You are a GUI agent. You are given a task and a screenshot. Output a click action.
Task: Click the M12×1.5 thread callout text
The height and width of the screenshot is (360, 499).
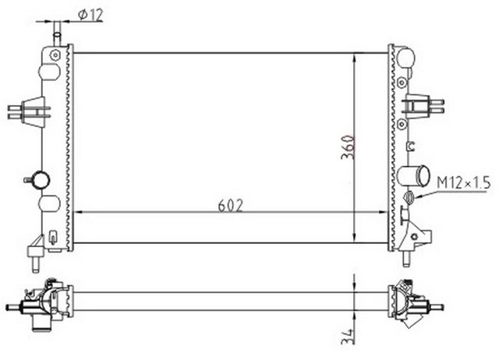click(462, 182)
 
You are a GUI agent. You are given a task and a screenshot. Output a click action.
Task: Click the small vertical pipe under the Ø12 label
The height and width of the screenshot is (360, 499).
click(56, 36)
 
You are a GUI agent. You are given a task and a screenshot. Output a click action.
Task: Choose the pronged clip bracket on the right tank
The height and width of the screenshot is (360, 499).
click(426, 105)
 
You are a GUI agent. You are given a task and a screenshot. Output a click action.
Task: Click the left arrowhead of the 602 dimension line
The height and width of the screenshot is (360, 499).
click(76, 214)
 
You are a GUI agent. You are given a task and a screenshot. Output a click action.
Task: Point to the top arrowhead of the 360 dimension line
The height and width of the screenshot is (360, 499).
click(356, 56)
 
